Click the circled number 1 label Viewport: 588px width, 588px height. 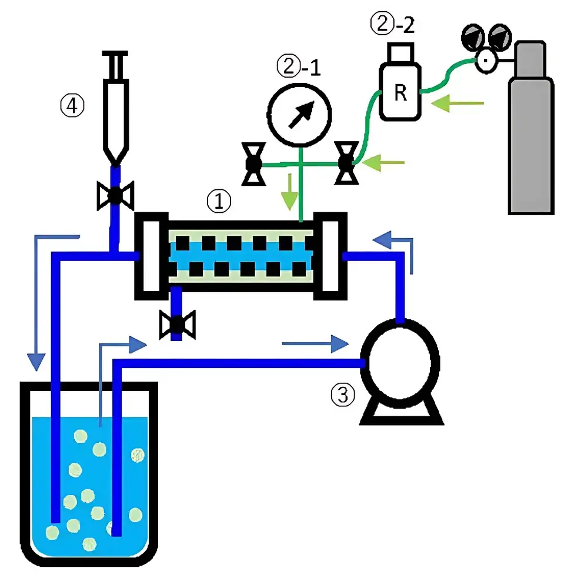[219, 202]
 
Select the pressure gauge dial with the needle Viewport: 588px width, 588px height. [299, 113]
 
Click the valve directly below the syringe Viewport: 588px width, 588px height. [115, 194]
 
